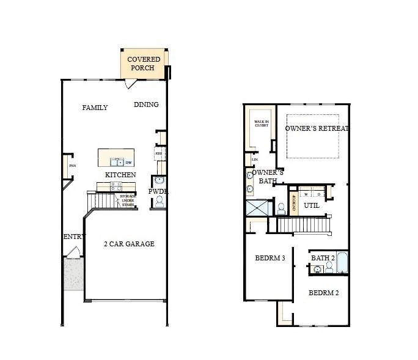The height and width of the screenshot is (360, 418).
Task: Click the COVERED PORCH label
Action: click(x=144, y=64)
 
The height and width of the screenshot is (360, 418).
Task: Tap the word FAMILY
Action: click(x=95, y=108)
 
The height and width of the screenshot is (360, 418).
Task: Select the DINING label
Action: click(x=146, y=105)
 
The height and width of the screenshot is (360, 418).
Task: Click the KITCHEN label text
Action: click(x=120, y=175)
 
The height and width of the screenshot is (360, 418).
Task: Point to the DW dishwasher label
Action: click(x=129, y=162)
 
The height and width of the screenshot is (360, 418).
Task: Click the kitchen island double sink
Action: click(x=116, y=162)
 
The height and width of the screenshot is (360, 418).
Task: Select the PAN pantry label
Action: click(x=71, y=166)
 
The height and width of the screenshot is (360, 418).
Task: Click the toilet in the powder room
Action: click(x=159, y=201)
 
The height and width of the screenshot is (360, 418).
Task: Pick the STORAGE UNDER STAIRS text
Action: click(x=127, y=200)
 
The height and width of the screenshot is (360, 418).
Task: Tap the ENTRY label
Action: click(x=75, y=237)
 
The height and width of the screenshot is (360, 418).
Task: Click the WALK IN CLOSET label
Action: click(x=262, y=123)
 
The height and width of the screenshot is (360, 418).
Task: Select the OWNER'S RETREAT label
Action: click(x=317, y=128)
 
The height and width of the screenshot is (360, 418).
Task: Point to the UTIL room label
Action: click(x=312, y=206)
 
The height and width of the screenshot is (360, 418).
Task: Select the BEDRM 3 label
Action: click(x=270, y=258)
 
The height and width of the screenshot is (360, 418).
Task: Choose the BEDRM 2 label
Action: click(x=324, y=292)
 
